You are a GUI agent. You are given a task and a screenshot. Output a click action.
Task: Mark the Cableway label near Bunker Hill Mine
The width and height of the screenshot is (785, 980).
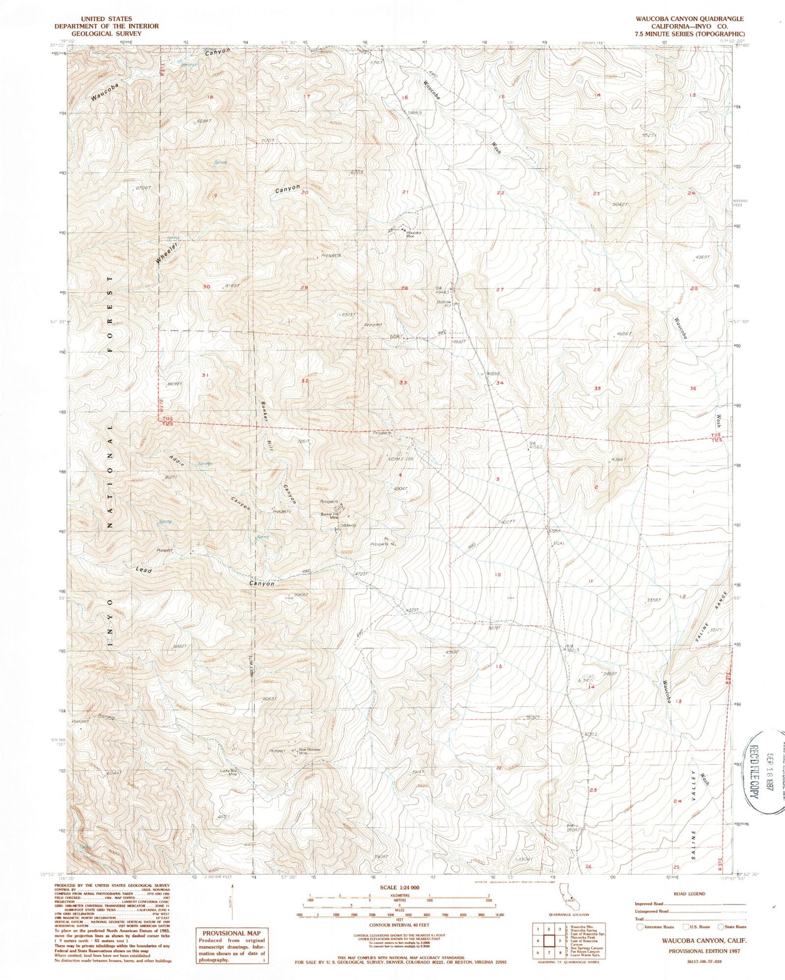347,526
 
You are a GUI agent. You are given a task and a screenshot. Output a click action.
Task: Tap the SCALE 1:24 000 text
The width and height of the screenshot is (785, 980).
399,887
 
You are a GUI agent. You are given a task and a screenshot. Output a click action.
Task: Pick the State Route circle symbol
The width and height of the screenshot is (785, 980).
722,926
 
